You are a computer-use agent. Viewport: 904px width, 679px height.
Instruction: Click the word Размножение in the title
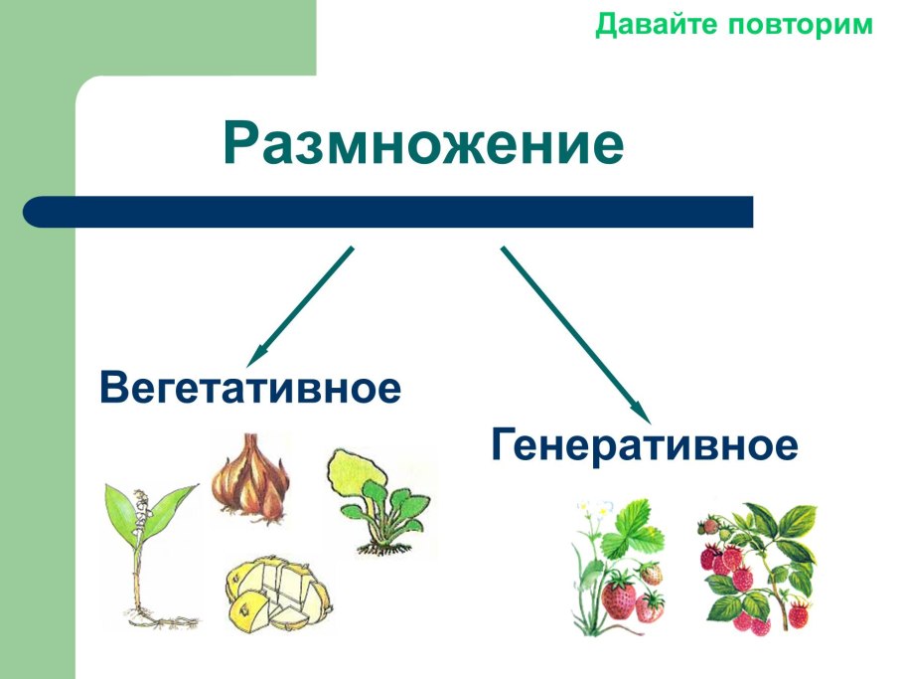click(x=424, y=145)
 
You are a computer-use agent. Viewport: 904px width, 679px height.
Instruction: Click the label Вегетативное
click(x=250, y=388)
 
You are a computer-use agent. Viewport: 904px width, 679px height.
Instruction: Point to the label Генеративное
click(x=645, y=445)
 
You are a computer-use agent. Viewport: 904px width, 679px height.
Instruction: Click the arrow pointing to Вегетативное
click(x=302, y=304)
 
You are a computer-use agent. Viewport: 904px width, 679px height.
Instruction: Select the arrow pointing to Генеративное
click(x=574, y=334)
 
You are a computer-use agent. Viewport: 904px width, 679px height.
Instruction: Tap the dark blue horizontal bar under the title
click(x=387, y=212)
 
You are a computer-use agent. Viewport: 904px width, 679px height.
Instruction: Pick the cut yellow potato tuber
click(x=276, y=594)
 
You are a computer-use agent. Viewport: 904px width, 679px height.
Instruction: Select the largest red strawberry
click(x=620, y=598)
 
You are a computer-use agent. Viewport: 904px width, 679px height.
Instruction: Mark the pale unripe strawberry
click(x=651, y=574)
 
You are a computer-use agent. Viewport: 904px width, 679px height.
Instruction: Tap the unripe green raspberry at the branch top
click(x=709, y=526)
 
